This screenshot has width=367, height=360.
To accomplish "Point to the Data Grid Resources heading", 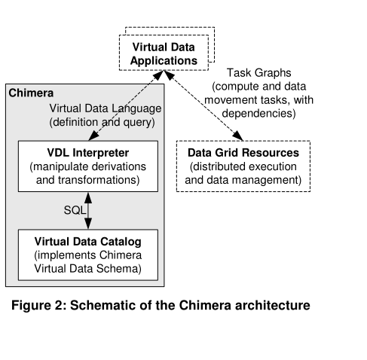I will tap(243, 153).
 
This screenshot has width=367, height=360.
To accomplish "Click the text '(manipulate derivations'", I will tap(88, 166).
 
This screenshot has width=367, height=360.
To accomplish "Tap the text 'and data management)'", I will tap(243, 181).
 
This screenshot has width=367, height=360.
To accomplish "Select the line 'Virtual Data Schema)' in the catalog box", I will tap(88, 268).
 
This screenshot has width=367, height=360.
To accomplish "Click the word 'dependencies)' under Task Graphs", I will tap(257, 114).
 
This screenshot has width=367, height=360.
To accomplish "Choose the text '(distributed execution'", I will tap(243, 166).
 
